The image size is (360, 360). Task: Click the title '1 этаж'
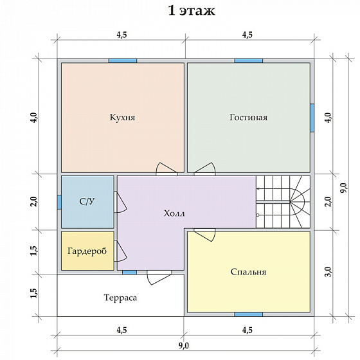tap(192, 11)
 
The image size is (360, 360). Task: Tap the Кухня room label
tap(122, 117)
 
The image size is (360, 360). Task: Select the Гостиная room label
tap(248, 117)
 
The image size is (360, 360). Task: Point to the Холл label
tap(174, 213)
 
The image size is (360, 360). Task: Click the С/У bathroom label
tap(87, 201)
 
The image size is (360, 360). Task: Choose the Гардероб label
tap(87, 251)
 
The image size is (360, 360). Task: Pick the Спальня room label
tap(248, 272)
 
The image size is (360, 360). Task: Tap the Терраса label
tap(121, 298)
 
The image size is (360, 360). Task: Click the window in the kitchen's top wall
tap(123, 60)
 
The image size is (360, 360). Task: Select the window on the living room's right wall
tap(312, 118)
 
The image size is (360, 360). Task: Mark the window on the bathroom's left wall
tap(59, 202)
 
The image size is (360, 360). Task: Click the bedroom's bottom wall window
tap(249, 314)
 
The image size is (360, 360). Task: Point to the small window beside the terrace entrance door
tap(129, 273)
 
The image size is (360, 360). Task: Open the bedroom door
tap(204, 235)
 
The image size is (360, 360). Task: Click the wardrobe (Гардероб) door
tap(120, 251)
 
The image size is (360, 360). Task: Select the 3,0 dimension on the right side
tap(328, 272)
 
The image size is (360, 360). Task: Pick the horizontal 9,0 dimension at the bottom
tap(184, 345)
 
